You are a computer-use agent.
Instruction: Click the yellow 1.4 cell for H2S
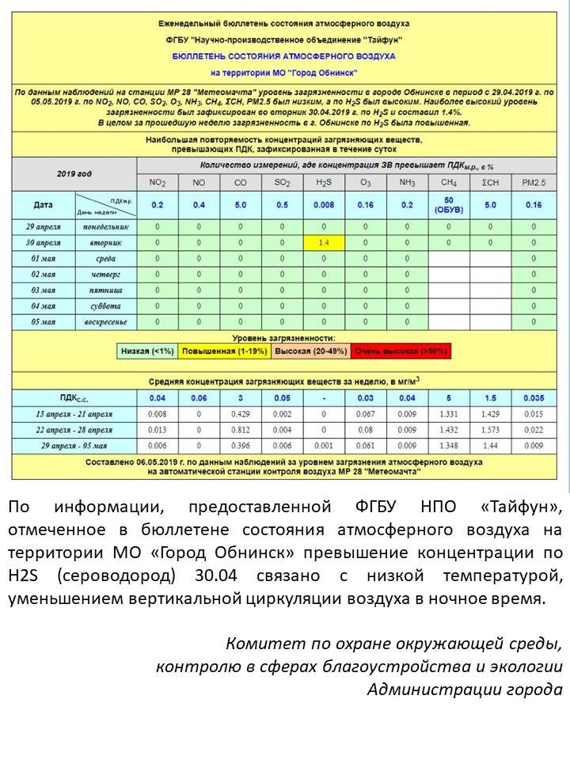[323, 242]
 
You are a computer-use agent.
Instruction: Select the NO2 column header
[158, 183]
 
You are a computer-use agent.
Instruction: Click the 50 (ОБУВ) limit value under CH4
[448, 205]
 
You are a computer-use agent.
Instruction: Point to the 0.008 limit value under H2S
[323, 205]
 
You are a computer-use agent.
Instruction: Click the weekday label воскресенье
[106, 322]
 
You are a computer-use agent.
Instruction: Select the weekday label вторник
[106, 242]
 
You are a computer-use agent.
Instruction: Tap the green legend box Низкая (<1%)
[147, 351]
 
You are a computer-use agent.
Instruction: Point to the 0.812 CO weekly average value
[240, 430]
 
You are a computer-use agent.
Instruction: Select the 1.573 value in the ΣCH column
[490, 430]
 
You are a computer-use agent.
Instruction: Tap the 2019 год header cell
[74, 173]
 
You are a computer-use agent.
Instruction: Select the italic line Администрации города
[465, 689]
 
